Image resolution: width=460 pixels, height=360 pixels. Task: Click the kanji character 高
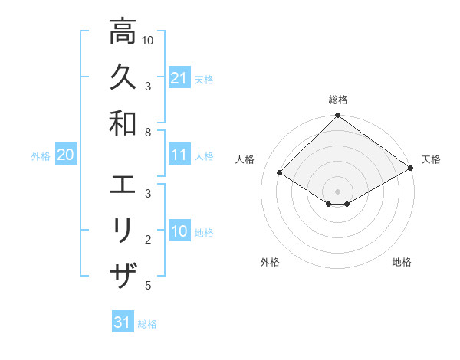coord(123,32)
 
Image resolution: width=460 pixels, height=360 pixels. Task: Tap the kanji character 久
coord(123,77)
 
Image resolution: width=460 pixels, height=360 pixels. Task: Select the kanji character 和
coord(123,123)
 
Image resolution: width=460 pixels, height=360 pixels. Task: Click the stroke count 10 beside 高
coord(148,40)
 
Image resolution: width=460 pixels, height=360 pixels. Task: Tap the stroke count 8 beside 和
coord(148,133)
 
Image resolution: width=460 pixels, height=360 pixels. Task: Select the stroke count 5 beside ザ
coord(148,286)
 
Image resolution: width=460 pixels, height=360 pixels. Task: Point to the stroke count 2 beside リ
coord(148,240)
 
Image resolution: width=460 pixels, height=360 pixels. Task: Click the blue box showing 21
coord(179,78)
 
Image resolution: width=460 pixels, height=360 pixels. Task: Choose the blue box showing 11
coord(179,155)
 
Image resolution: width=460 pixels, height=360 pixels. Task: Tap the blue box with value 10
coord(179,232)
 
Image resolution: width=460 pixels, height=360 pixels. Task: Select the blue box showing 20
coord(65,155)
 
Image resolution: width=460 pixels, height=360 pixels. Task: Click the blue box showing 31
coord(123,322)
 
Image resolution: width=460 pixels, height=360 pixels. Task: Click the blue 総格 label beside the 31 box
coord(147,324)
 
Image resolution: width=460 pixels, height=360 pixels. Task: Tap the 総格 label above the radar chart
coord(338,100)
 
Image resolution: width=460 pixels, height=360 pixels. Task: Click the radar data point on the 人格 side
coord(280,173)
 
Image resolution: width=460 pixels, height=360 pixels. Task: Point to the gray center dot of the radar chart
coord(338,191)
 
